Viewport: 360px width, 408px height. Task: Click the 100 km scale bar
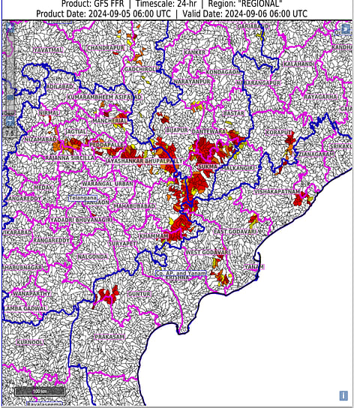tap(39, 391)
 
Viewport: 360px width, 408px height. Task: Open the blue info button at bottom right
tap(343, 395)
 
